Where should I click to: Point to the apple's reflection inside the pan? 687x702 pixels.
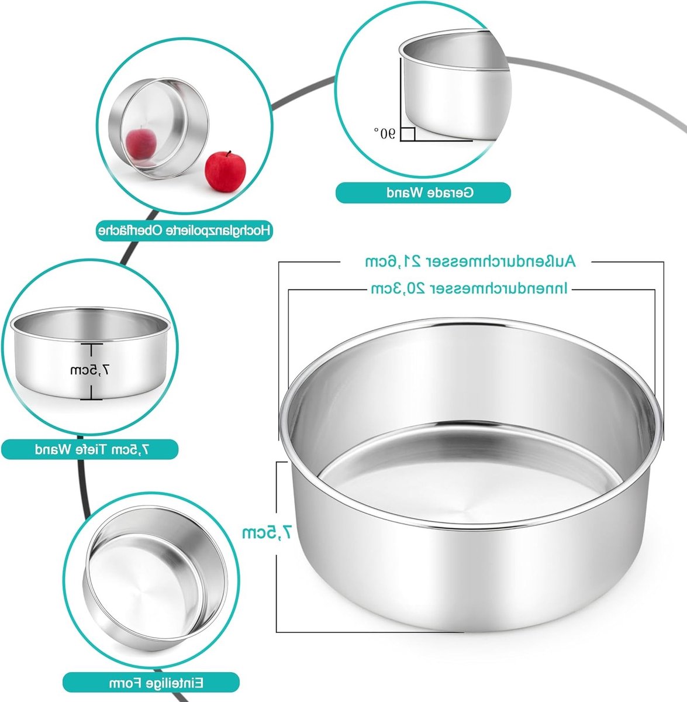pos(141,143)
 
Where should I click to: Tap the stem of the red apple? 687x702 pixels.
pos(229,154)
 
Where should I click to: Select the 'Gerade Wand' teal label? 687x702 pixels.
pos(423,192)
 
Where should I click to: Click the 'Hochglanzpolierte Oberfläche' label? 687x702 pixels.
pos(184,230)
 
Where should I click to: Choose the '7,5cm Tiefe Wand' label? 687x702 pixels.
pos(89,449)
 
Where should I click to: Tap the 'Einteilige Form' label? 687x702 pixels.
pos(151,683)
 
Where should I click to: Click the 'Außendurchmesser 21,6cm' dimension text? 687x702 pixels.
pos(471,261)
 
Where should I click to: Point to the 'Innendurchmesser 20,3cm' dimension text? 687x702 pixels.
pos(469,288)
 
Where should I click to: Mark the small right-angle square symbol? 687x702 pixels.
pos(408,134)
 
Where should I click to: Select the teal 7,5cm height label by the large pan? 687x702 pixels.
pos(267,532)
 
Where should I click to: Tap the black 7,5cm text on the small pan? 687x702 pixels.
pos(89,370)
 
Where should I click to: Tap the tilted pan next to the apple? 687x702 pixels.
pos(158,128)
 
